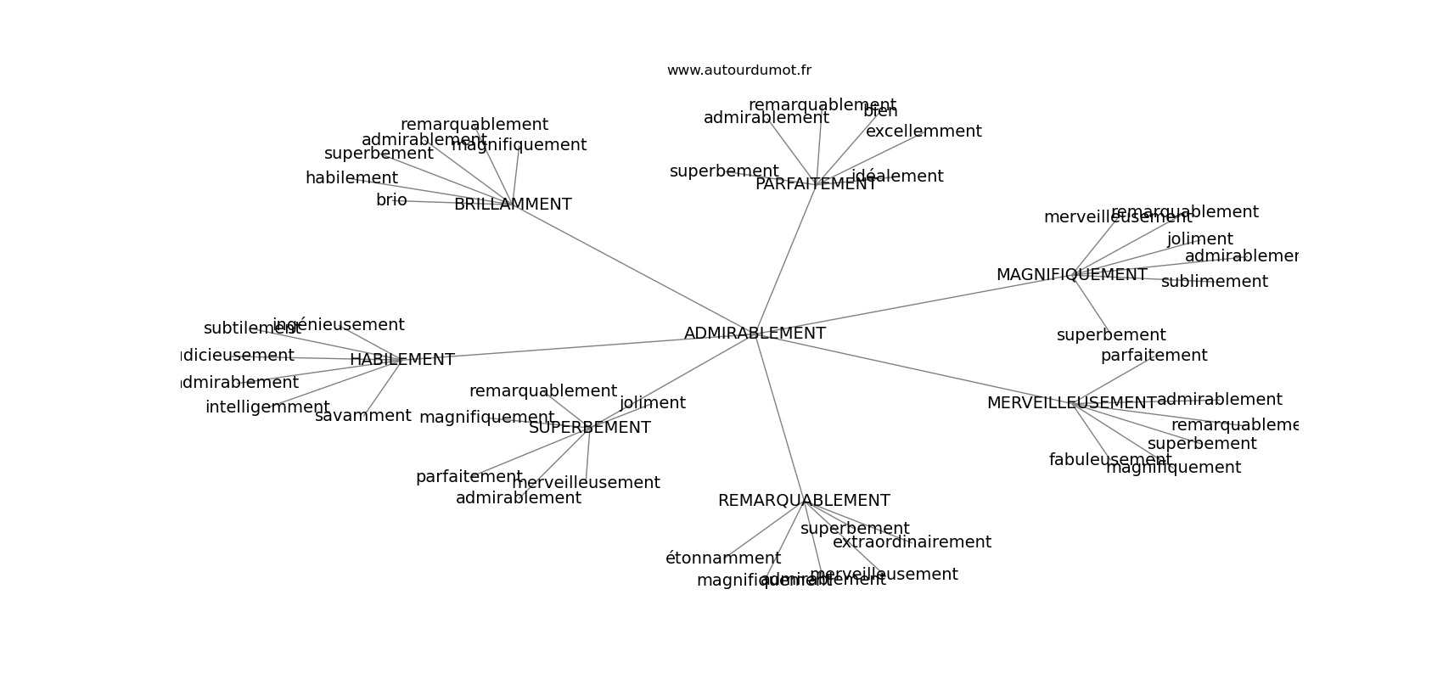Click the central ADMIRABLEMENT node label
pos(755,334)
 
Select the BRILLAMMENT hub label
pos(513,205)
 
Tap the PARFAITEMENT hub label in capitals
pos(816,184)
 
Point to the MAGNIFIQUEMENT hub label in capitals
pos(1071,275)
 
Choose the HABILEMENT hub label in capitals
pos(402,360)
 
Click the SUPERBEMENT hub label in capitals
pos(590,428)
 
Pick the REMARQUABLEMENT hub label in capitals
pos(804,501)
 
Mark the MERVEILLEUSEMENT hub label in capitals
pos(1071,403)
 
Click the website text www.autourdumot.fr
pos(738,70)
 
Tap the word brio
pos(391,200)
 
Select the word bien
pos(880,111)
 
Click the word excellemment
pos(924,132)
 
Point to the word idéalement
pos(897,177)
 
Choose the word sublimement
pos(1214,282)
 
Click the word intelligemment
pos(267,407)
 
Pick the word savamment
pos(362,416)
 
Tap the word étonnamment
pos(722,558)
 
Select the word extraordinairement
pos(912,542)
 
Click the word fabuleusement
pos(1109,460)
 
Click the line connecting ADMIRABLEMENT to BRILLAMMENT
pos(632,269)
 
